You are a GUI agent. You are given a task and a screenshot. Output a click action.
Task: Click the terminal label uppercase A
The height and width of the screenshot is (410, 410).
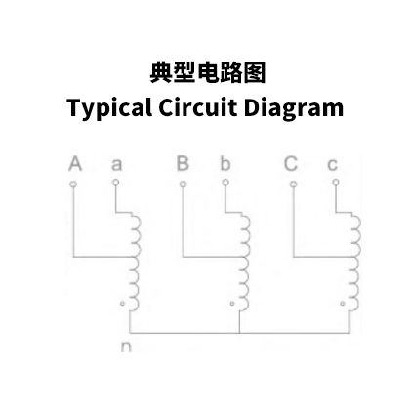tap(75, 164)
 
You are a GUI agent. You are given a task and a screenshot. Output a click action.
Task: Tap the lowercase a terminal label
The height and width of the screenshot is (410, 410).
tap(117, 165)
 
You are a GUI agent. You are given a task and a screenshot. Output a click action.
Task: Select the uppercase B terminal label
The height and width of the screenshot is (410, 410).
tap(183, 164)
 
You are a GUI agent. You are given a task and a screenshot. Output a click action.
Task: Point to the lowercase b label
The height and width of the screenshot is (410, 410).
tap(225, 164)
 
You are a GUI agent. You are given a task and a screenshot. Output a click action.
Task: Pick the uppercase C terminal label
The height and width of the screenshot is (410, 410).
tap(291, 164)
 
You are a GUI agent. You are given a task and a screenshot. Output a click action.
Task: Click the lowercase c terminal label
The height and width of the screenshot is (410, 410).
tap(332, 165)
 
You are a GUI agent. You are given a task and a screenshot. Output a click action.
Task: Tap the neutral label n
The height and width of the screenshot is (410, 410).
tap(126, 347)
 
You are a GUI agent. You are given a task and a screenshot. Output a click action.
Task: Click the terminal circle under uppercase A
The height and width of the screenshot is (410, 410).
tap(73, 184)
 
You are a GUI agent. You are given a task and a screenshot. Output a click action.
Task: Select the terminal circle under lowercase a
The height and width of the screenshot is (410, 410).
tap(115, 183)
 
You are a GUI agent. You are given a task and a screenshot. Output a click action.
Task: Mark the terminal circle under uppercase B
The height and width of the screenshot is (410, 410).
tap(183, 184)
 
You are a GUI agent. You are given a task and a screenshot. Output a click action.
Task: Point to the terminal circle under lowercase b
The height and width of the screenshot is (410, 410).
tap(225, 183)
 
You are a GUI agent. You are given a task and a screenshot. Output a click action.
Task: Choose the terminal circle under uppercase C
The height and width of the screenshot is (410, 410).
tap(293, 184)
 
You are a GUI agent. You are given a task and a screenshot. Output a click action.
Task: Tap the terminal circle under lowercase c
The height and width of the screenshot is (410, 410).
tap(336, 183)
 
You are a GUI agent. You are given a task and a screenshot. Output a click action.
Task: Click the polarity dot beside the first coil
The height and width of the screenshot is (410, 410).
tap(122, 304)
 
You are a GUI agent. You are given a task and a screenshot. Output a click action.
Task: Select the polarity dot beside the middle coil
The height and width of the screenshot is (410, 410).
tap(232, 304)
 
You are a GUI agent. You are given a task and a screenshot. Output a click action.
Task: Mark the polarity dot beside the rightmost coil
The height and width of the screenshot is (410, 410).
tap(343, 304)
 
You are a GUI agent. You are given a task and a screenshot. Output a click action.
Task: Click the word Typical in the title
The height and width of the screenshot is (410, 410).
tap(109, 108)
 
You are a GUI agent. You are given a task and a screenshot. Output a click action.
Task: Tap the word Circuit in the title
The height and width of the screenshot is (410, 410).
tap(197, 107)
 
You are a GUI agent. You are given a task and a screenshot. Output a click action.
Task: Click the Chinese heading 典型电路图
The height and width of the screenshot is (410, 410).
tap(207, 72)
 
